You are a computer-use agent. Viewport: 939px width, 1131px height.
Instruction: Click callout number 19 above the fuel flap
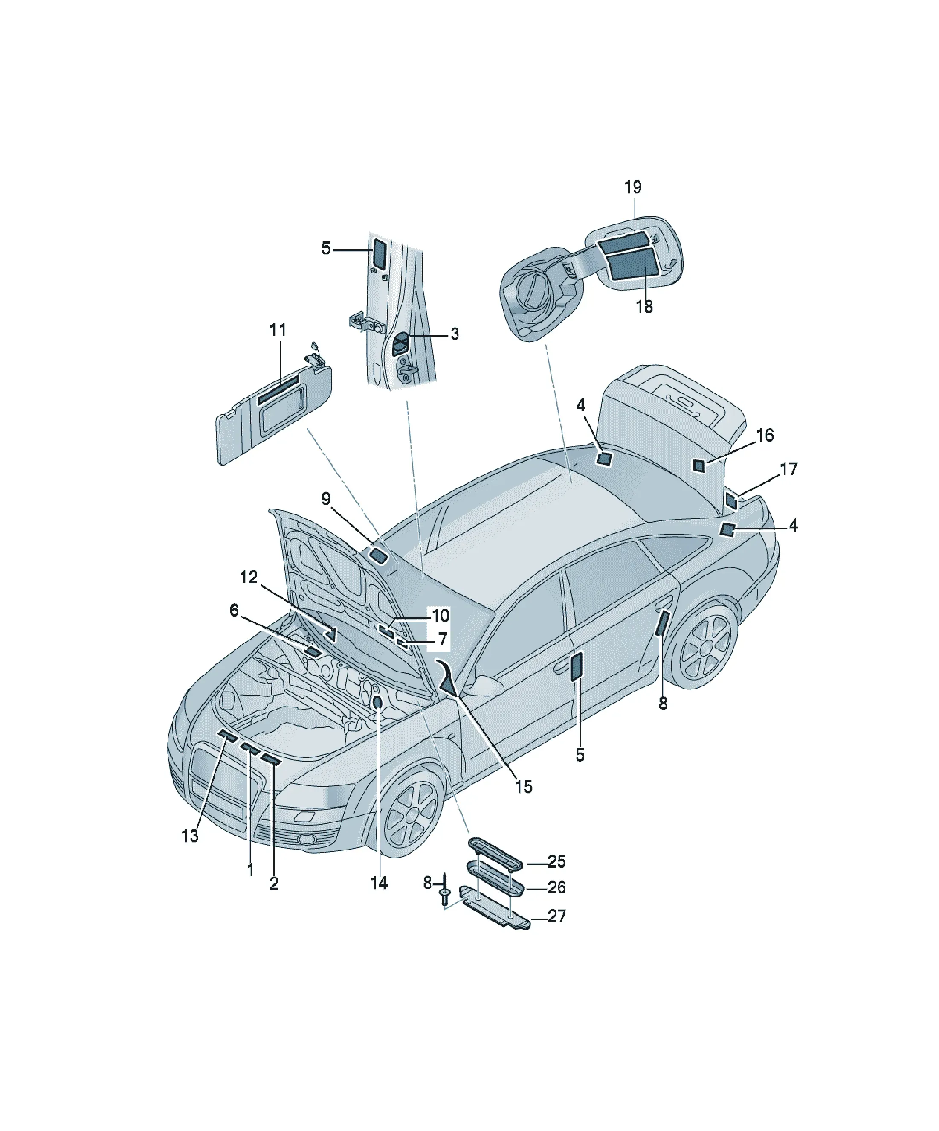click(633, 187)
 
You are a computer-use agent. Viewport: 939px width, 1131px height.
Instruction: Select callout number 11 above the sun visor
click(278, 330)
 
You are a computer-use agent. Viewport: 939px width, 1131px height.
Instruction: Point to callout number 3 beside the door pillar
click(455, 334)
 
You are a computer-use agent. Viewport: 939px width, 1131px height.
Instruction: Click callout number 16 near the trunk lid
click(765, 435)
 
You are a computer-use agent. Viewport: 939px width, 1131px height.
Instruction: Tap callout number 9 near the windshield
click(326, 499)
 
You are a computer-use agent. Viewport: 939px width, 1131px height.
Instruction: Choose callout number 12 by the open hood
click(249, 577)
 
